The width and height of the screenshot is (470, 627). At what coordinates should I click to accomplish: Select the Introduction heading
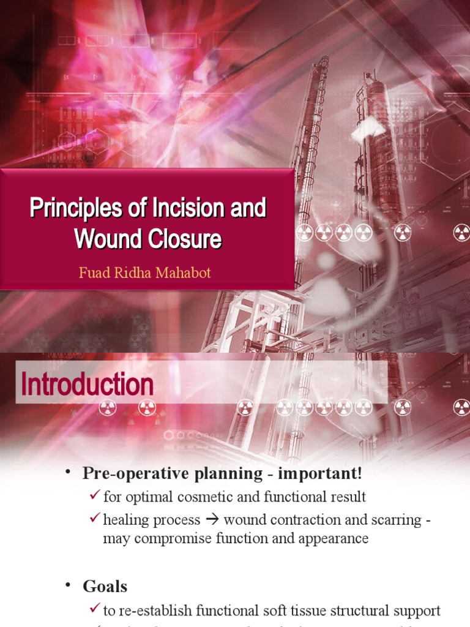[x=87, y=385]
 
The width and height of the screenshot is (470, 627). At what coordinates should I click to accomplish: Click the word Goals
[x=105, y=586]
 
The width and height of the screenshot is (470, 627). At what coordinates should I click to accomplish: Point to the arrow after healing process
[x=212, y=520]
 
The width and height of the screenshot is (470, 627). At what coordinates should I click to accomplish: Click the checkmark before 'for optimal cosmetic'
[x=94, y=495]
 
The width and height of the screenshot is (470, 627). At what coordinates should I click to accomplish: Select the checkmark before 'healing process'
[x=94, y=519]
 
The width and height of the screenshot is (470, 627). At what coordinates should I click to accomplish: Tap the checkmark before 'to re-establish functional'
[x=94, y=609]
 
